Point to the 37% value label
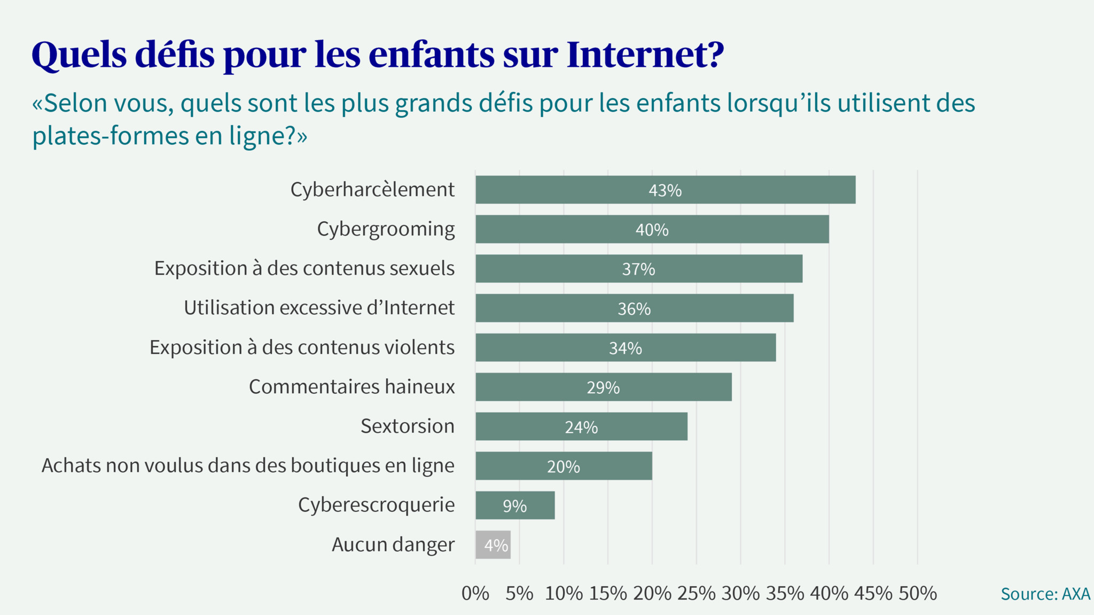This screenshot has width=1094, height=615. pyautogui.click(x=638, y=269)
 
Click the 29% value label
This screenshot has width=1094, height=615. pyautogui.click(x=603, y=387)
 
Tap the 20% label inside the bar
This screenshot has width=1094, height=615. pyautogui.click(x=563, y=466)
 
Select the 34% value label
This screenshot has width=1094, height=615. pyautogui.click(x=625, y=348)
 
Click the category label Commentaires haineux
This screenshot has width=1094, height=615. pyautogui.click(x=351, y=386)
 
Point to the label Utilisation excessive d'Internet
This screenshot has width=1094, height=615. pyautogui.click(x=319, y=308)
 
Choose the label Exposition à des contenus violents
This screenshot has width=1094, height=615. pyautogui.click(x=302, y=347)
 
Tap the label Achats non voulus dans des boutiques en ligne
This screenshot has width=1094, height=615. pyautogui.click(x=248, y=465)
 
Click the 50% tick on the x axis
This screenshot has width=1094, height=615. pyautogui.click(x=917, y=593)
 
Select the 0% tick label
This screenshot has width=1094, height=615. pyautogui.click(x=475, y=593)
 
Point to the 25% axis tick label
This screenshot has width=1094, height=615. pyautogui.click(x=696, y=593)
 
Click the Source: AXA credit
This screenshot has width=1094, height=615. pyautogui.click(x=1045, y=594)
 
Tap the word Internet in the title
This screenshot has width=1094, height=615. pyautogui.click(x=645, y=55)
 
